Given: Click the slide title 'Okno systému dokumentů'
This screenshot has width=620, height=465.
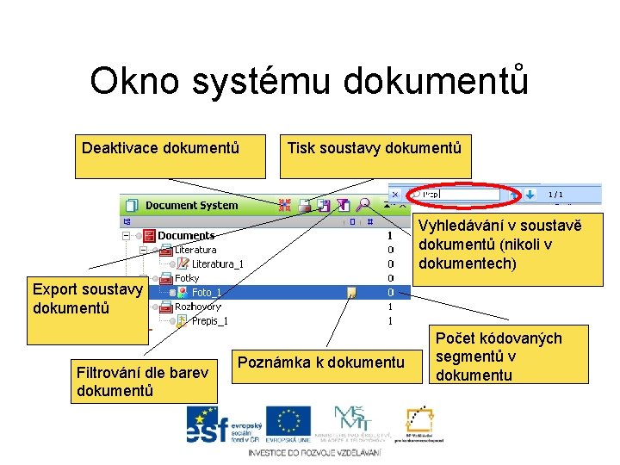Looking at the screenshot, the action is click(309, 81).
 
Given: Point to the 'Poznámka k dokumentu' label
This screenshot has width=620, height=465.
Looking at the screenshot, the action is click(320, 363).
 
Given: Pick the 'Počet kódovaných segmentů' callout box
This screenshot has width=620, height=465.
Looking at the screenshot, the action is click(499, 356).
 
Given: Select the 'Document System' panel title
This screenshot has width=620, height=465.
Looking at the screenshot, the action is click(191, 206).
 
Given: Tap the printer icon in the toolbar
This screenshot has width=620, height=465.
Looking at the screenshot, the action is click(306, 205).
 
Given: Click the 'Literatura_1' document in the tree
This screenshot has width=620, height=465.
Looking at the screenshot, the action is click(217, 263).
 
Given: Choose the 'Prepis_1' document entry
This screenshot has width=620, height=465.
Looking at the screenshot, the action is click(209, 321).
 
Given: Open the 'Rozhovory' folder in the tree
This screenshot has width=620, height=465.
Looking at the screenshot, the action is click(197, 307).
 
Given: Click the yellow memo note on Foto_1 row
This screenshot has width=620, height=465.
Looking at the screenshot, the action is click(351, 293).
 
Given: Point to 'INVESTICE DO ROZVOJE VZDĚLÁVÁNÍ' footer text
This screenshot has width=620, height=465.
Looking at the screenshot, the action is click(313, 453).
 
